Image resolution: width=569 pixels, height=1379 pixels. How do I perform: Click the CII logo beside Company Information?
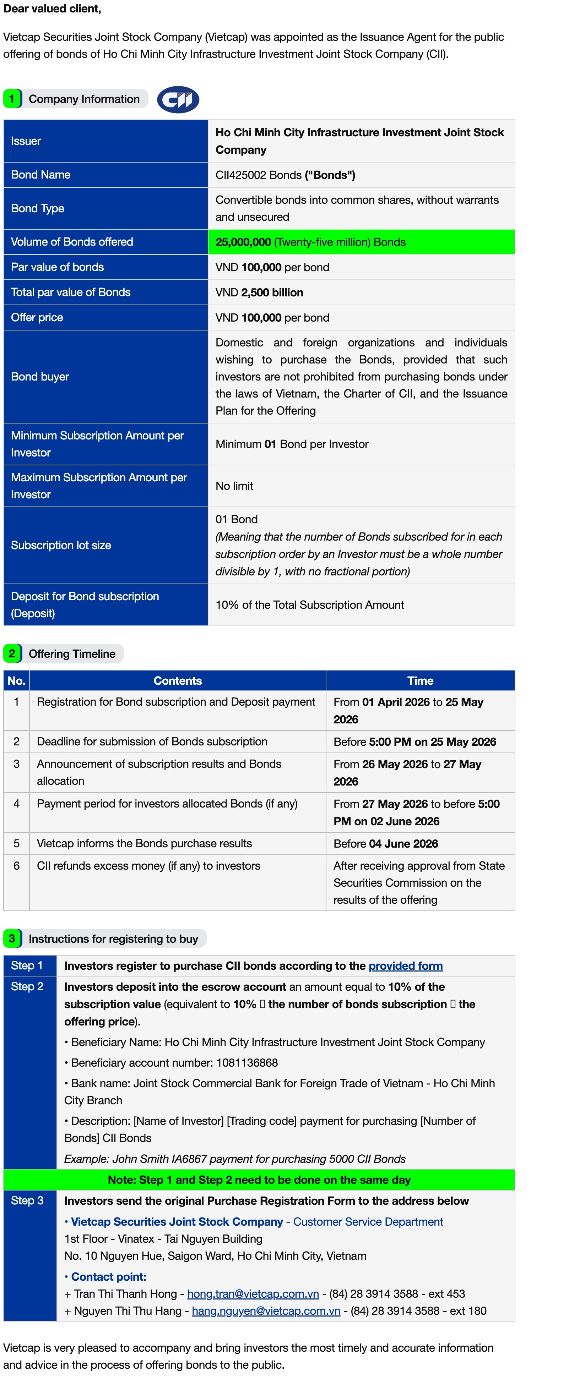[x=178, y=100]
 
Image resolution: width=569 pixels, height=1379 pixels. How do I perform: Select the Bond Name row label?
[x=41, y=175]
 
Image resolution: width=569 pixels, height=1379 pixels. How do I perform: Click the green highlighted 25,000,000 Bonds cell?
[x=361, y=242]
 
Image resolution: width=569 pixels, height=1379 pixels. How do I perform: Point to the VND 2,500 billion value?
[x=259, y=292]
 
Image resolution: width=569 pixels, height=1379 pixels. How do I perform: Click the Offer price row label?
[x=37, y=317]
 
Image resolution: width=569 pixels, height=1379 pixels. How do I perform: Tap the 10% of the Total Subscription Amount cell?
[x=310, y=605]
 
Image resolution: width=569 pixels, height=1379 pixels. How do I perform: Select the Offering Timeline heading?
[x=72, y=653]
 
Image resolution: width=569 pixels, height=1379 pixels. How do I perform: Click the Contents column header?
[x=177, y=681]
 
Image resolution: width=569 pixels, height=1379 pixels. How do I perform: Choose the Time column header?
[x=420, y=681]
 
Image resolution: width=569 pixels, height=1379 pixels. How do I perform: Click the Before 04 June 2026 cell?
[x=386, y=844]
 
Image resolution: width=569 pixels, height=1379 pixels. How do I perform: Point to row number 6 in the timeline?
[x=17, y=866]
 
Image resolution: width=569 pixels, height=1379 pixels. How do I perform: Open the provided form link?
[x=406, y=966]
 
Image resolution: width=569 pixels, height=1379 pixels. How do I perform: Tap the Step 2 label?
[x=27, y=987]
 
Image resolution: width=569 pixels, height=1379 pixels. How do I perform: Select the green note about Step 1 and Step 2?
[x=259, y=1180]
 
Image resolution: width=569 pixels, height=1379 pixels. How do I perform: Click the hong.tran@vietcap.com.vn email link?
[x=253, y=1294]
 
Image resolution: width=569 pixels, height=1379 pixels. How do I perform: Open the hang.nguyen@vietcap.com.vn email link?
[x=266, y=1311]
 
